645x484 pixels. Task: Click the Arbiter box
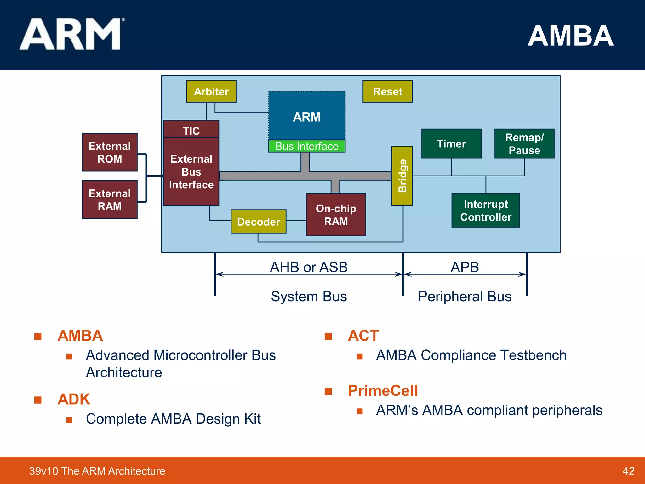coord(211,91)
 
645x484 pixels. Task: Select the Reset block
coord(387,91)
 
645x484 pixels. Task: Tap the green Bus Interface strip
coord(307,146)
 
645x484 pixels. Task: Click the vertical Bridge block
coord(402,176)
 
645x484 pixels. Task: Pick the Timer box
coord(451,144)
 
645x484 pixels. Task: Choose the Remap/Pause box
coord(524,144)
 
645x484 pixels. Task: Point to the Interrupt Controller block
coord(486,210)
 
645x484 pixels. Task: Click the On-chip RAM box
coord(336,215)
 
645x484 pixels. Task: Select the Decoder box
coord(258,222)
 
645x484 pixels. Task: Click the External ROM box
coord(110,152)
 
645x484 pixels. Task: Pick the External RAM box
coord(110,199)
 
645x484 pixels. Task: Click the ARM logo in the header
coord(71,34)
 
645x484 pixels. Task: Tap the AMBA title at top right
coord(570,36)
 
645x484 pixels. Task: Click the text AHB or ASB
coord(309,267)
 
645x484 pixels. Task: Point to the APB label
coord(465,267)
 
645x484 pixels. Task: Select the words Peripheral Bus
coord(465,296)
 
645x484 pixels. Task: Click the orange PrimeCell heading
coord(383,391)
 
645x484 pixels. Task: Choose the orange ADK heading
coord(74,399)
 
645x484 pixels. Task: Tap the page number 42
coord(628,471)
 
